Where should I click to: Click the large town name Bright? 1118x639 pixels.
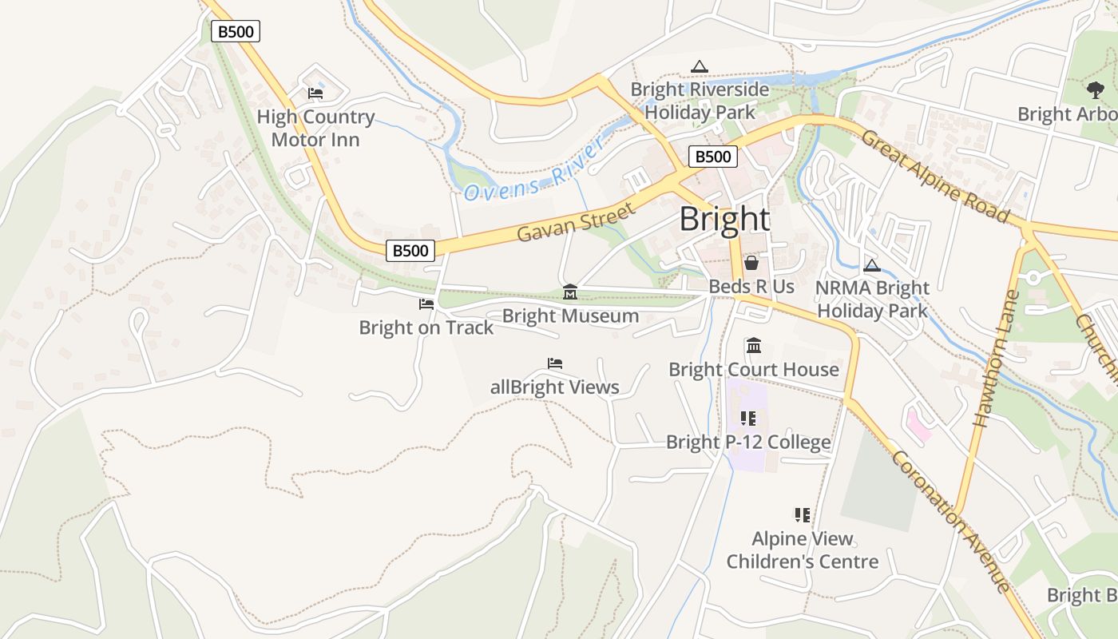[724, 219]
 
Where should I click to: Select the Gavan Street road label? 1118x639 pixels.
[576, 222]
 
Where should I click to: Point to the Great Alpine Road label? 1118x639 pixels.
[935, 176]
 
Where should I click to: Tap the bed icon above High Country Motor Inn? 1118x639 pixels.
[315, 93]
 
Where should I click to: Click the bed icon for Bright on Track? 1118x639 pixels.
[426, 304]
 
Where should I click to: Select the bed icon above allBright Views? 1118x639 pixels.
[555, 363]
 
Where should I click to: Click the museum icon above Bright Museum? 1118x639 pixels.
[570, 292]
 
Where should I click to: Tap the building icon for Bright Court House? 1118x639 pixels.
[754, 346]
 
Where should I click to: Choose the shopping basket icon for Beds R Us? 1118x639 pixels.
[751, 263]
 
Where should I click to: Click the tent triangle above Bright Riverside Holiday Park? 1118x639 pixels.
[700, 66]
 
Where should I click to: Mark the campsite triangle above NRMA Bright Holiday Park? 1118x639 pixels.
[872, 265]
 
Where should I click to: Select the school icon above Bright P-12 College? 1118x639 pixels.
[748, 418]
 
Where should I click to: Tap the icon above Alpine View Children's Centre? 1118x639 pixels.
[802, 515]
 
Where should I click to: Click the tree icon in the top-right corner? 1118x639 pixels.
[1096, 90]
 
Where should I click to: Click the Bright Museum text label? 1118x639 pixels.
[570, 316]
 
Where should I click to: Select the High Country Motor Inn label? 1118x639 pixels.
[315, 128]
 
